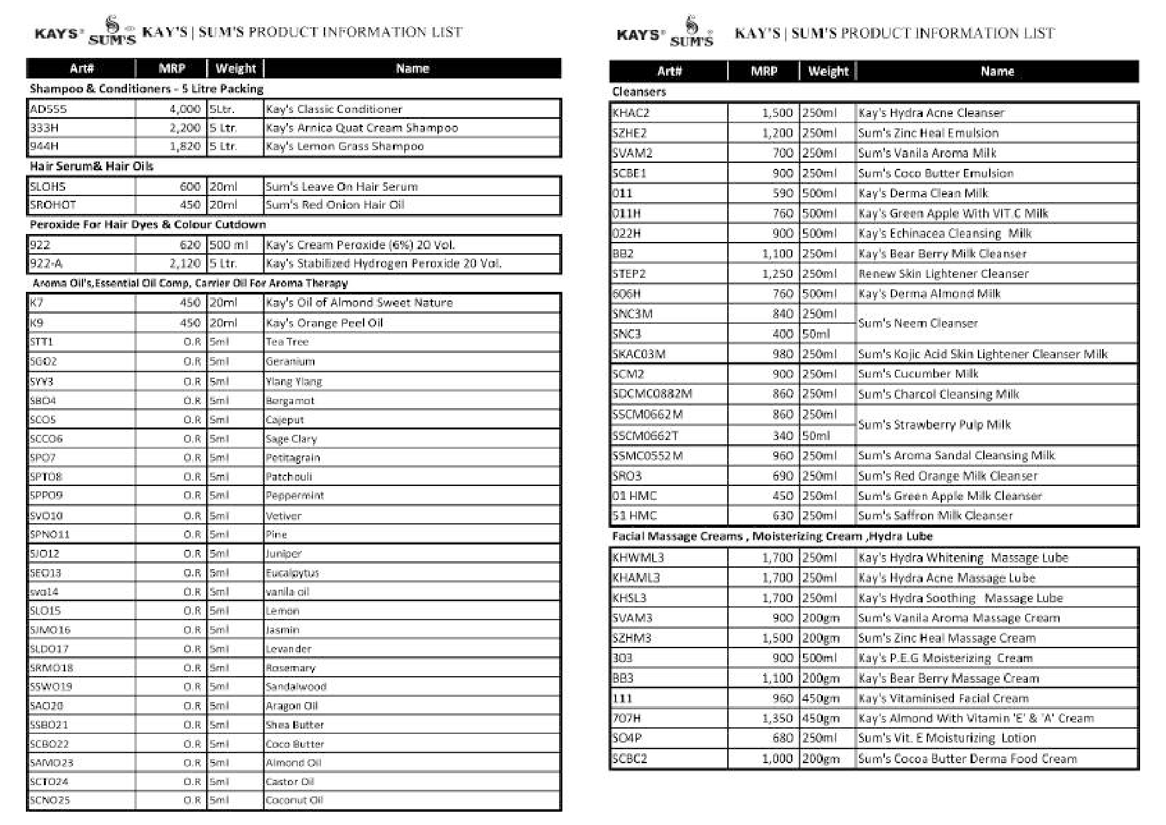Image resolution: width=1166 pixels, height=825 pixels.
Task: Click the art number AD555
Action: [49, 109]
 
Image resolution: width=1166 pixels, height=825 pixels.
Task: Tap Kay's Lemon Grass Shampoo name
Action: [344, 146]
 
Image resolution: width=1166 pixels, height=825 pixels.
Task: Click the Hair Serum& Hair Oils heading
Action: [91, 166]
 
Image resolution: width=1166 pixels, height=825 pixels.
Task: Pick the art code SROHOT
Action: [53, 205]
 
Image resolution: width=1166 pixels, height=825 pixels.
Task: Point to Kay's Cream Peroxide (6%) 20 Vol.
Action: [360, 245]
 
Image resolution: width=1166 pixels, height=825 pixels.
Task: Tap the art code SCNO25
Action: [50, 800]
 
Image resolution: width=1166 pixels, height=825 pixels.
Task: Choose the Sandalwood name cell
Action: [296, 686]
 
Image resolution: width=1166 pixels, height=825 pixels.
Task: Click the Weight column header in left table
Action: [235, 68]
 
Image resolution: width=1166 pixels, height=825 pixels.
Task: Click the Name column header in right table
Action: [997, 71]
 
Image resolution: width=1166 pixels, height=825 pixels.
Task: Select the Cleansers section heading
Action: [639, 92]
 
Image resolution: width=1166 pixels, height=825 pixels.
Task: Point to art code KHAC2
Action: [631, 113]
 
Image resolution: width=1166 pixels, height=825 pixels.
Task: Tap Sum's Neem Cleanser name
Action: [918, 323]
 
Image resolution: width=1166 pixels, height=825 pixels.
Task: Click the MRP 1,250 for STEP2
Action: [777, 274]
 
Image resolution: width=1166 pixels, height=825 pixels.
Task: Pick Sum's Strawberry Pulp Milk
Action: [934, 425]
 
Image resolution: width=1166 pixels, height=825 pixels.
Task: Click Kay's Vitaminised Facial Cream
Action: [943, 698]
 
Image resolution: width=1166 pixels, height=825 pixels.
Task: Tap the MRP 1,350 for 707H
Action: [777, 718]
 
